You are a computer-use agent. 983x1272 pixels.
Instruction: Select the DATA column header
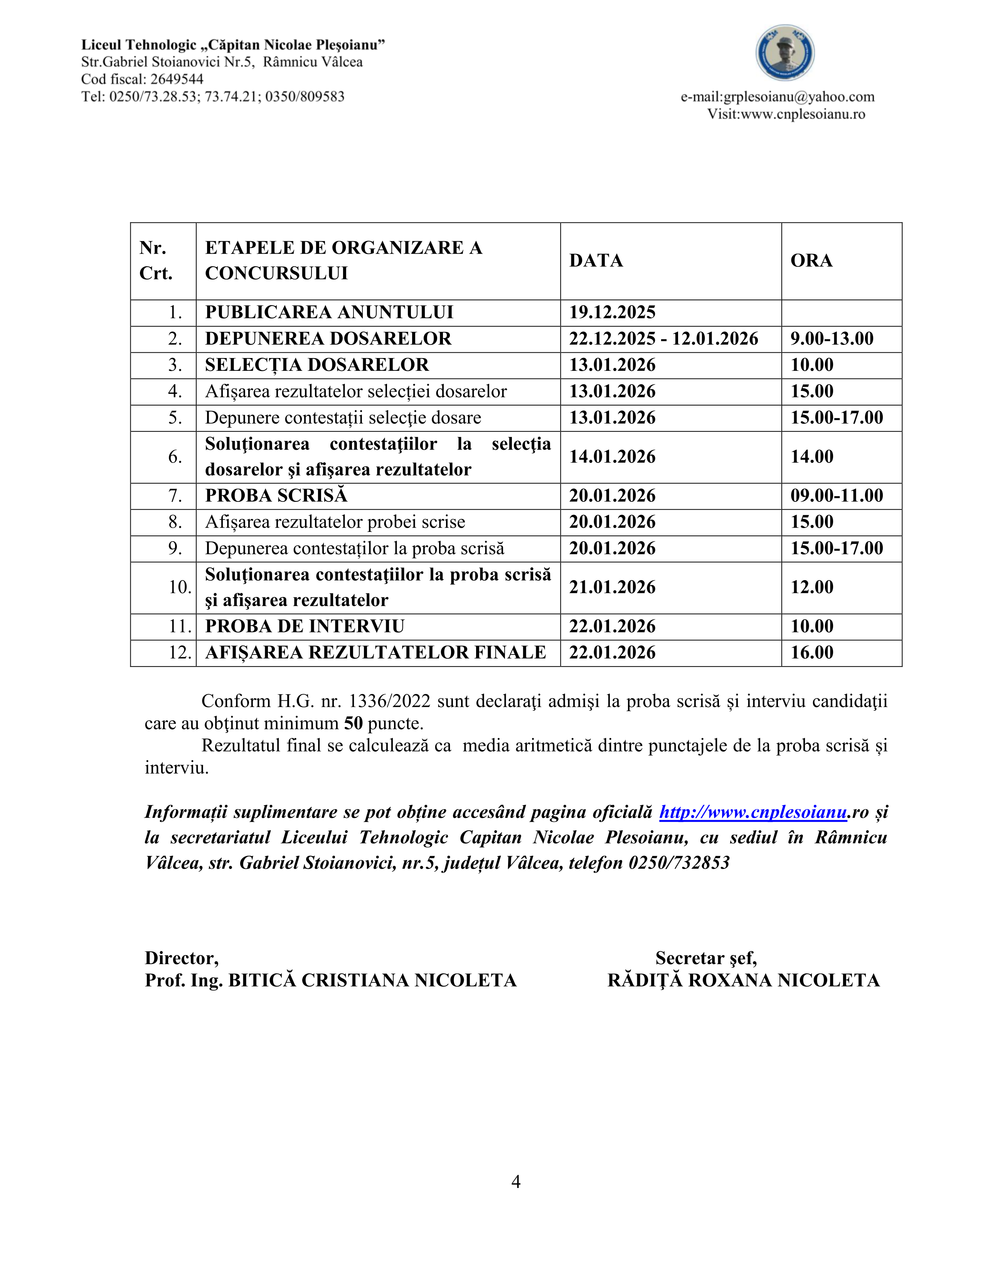tap(596, 260)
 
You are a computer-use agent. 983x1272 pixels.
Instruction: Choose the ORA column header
tap(811, 260)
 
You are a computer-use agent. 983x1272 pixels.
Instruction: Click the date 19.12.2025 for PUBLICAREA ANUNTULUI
tap(612, 313)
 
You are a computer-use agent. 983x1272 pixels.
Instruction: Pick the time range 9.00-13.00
tap(832, 339)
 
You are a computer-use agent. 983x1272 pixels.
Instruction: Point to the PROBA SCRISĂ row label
tap(276, 496)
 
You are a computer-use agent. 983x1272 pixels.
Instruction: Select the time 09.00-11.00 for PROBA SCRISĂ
tap(836, 496)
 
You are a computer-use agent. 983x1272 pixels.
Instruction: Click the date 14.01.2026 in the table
tap(612, 457)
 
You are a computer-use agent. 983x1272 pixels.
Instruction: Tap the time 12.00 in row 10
tap(812, 587)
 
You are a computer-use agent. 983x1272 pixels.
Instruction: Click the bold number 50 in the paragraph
tap(353, 724)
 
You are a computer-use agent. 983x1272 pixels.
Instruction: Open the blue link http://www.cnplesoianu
tap(752, 812)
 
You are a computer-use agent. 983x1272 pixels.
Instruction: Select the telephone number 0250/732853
tap(678, 863)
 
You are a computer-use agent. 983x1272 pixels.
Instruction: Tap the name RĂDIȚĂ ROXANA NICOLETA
tap(743, 981)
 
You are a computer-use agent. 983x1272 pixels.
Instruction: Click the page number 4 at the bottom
tap(515, 1182)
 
